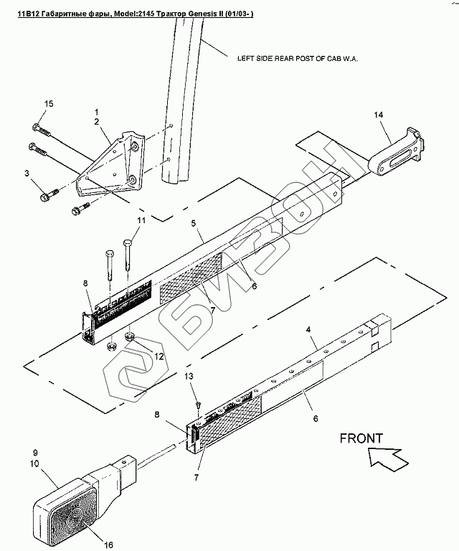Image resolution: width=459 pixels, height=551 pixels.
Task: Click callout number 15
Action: coord(49,104)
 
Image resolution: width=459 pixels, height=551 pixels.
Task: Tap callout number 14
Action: coord(378,115)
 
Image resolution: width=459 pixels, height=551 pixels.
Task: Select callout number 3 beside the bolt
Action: coord(27,173)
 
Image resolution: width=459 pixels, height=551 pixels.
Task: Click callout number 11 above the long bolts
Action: coord(141,221)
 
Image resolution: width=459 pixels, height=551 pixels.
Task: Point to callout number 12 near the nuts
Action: coord(159,357)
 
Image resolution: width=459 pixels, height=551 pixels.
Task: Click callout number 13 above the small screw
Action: coord(189,377)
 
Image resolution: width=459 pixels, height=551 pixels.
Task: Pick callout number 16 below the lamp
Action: coord(109,545)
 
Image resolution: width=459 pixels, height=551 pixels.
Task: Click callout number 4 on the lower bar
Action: coord(308,329)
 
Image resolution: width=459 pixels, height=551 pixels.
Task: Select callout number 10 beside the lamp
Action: coord(34,464)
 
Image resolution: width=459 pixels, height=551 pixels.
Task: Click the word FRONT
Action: coord(361,438)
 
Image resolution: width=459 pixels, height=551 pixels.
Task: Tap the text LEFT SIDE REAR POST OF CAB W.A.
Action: coord(298,59)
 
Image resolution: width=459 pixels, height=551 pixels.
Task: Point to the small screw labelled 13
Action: coord(199,405)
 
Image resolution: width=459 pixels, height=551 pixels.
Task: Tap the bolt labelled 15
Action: coord(42,131)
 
